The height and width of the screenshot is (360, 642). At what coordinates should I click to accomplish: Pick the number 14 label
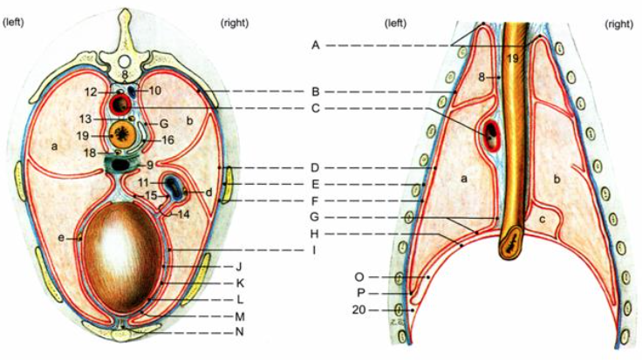click(181, 214)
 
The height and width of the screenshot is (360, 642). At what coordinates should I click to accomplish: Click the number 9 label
click(150, 165)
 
